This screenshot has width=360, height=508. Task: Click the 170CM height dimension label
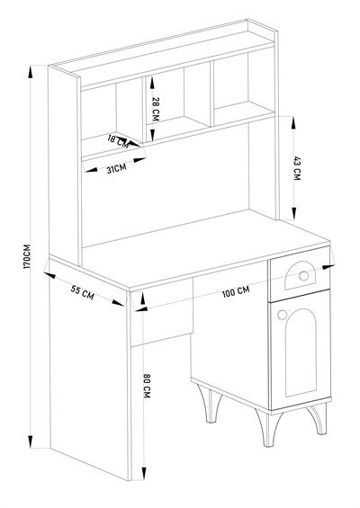tap(27, 256)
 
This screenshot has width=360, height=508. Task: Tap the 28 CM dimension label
tap(156, 109)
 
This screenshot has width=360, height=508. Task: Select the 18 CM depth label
tap(118, 141)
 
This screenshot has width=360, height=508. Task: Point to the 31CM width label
tap(116, 168)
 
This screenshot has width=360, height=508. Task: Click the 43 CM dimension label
tap(297, 168)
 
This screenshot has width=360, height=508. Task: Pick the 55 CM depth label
tap(83, 292)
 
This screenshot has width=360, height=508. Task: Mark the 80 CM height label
tap(147, 386)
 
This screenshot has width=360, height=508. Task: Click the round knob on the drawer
tap(304, 276)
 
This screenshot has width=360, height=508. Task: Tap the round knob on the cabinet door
tap(283, 315)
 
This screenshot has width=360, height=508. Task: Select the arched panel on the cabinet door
tap(301, 352)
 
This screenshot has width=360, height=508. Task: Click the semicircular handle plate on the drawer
tap(299, 275)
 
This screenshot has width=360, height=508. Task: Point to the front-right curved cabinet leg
tap(318, 419)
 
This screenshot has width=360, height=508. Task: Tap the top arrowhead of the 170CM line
tap(31, 72)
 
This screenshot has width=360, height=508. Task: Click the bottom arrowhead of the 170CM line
tap(31, 441)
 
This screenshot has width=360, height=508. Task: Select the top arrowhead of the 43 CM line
tap(293, 123)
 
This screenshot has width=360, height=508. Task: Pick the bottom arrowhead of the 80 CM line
tap(143, 474)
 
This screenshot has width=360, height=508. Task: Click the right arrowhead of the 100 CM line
tap(328, 267)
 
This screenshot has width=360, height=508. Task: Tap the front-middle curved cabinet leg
tap(268, 428)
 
